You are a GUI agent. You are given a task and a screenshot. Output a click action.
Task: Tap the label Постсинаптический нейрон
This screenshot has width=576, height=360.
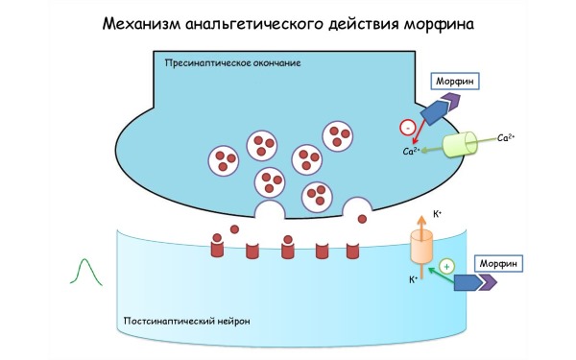187,321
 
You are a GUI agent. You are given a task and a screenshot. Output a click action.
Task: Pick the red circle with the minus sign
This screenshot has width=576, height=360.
407,125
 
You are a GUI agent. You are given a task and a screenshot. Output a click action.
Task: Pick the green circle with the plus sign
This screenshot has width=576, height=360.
445,264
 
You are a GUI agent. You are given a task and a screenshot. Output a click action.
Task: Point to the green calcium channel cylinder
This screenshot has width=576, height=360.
464,144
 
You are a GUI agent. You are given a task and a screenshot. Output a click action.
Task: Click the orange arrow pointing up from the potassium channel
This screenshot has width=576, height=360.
423,220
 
